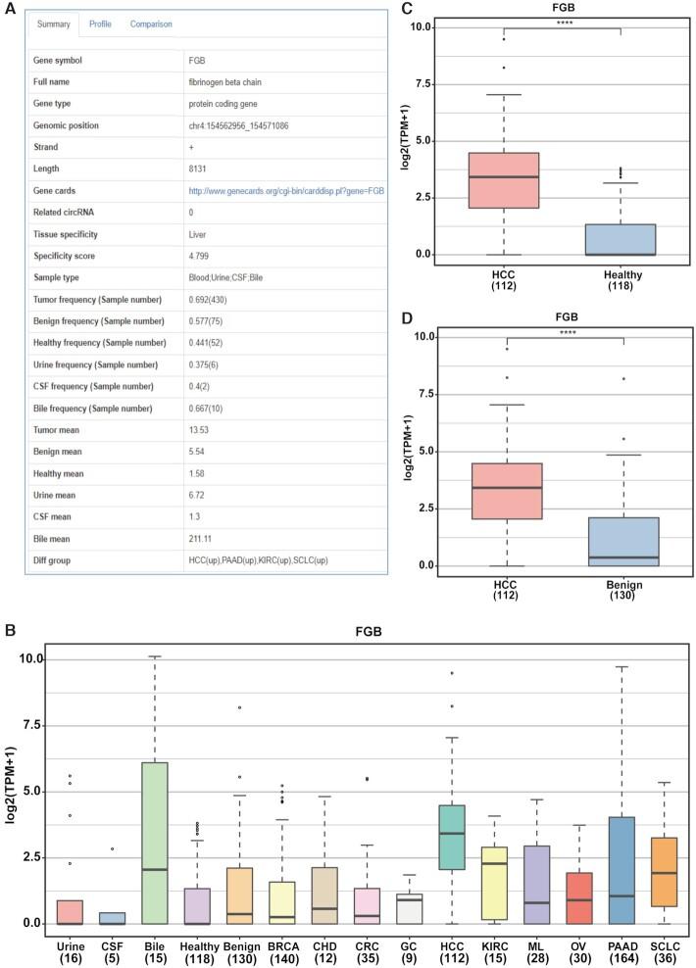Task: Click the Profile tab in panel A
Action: click(x=100, y=23)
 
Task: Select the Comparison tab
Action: click(x=152, y=23)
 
